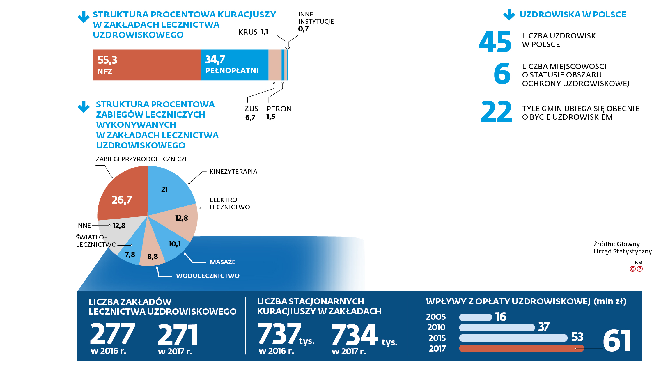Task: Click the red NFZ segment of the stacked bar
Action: [x=147, y=65]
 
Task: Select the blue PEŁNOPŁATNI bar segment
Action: [x=235, y=65]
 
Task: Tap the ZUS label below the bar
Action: [x=251, y=109]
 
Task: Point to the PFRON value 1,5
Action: [x=271, y=117]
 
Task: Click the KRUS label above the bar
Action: [x=248, y=32]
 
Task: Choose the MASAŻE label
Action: [x=223, y=262]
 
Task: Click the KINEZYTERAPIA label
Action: [x=233, y=172]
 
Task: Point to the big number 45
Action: [x=495, y=42]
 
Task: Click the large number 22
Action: [x=496, y=111]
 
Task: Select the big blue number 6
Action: [x=502, y=74]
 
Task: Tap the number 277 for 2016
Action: [x=112, y=334]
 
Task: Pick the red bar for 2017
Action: [x=522, y=348]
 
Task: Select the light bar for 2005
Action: [x=476, y=317]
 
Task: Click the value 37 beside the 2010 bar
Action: [x=544, y=327]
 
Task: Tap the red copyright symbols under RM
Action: [x=636, y=269]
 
